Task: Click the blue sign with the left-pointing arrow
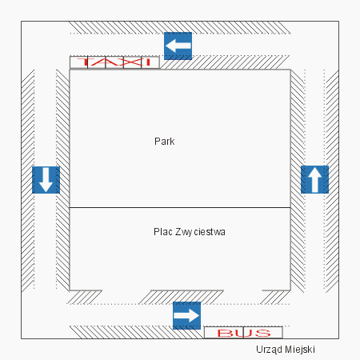(178, 46)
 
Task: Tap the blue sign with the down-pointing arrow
(46, 180)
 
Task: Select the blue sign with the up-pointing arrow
(314, 179)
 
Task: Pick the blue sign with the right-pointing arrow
(186, 315)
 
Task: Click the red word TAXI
(114, 62)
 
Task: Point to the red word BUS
(244, 333)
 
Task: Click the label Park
(165, 142)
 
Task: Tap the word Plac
(163, 232)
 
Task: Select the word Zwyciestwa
(200, 232)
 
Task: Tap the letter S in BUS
(262, 333)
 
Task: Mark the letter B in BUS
(226, 333)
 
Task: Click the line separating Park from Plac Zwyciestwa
(180, 207)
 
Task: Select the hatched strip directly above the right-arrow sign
(181, 297)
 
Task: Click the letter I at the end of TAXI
(148, 62)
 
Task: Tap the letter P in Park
(157, 142)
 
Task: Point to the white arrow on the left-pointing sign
(178, 46)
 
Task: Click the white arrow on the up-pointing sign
(314, 179)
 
